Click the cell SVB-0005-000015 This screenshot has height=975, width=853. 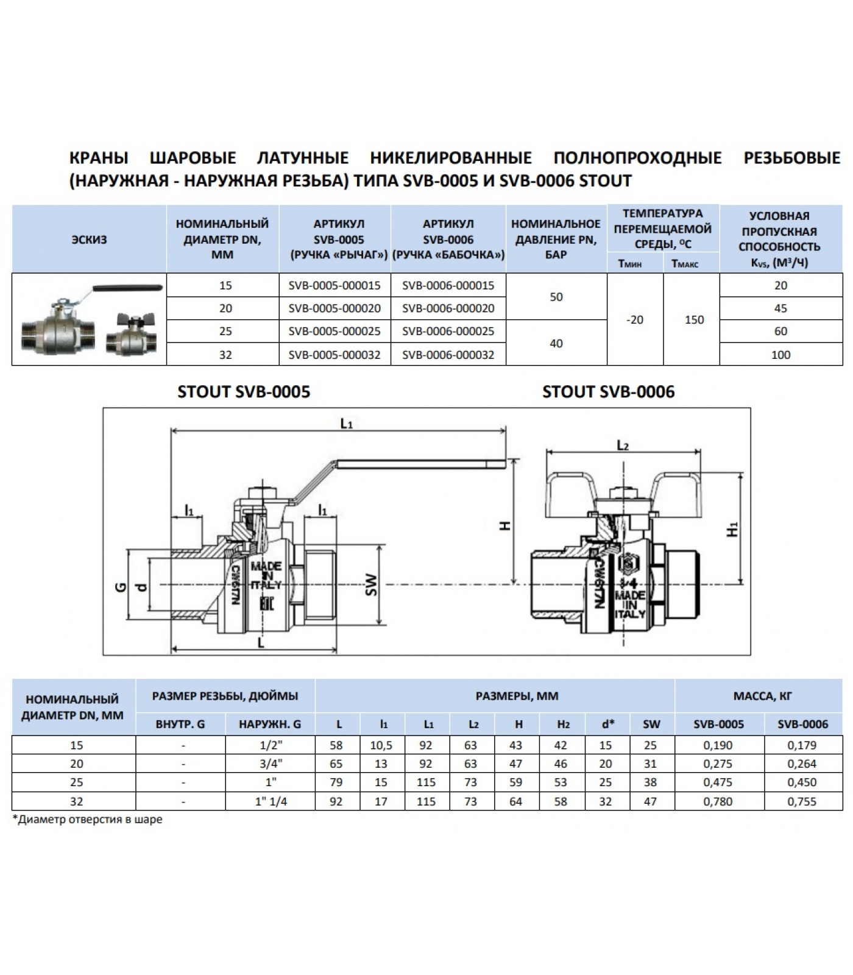pyautogui.click(x=334, y=285)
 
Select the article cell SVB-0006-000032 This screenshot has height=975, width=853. pyautogui.click(x=448, y=355)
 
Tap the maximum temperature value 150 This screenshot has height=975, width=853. pyautogui.click(x=694, y=320)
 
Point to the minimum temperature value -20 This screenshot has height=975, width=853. pyautogui.click(x=635, y=320)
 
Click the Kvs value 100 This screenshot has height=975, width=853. pyautogui.click(x=780, y=355)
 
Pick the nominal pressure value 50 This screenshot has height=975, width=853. pyautogui.click(x=556, y=297)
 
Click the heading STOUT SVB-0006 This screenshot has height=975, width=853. pyautogui.click(x=608, y=392)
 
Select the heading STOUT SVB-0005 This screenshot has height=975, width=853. pyautogui.click(x=244, y=392)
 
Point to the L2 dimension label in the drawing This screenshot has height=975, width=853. pyautogui.click(x=622, y=446)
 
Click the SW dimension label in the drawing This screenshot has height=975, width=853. pyautogui.click(x=372, y=585)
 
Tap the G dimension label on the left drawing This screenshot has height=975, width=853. pyautogui.click(x=121, y=587)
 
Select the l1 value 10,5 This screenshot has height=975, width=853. pyautogui.click(x=381, y=745)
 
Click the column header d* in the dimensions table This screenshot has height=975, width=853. pyautogui.click(x=607, y=725)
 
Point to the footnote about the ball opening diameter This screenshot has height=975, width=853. pyautogui.click(x=88, y=820)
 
